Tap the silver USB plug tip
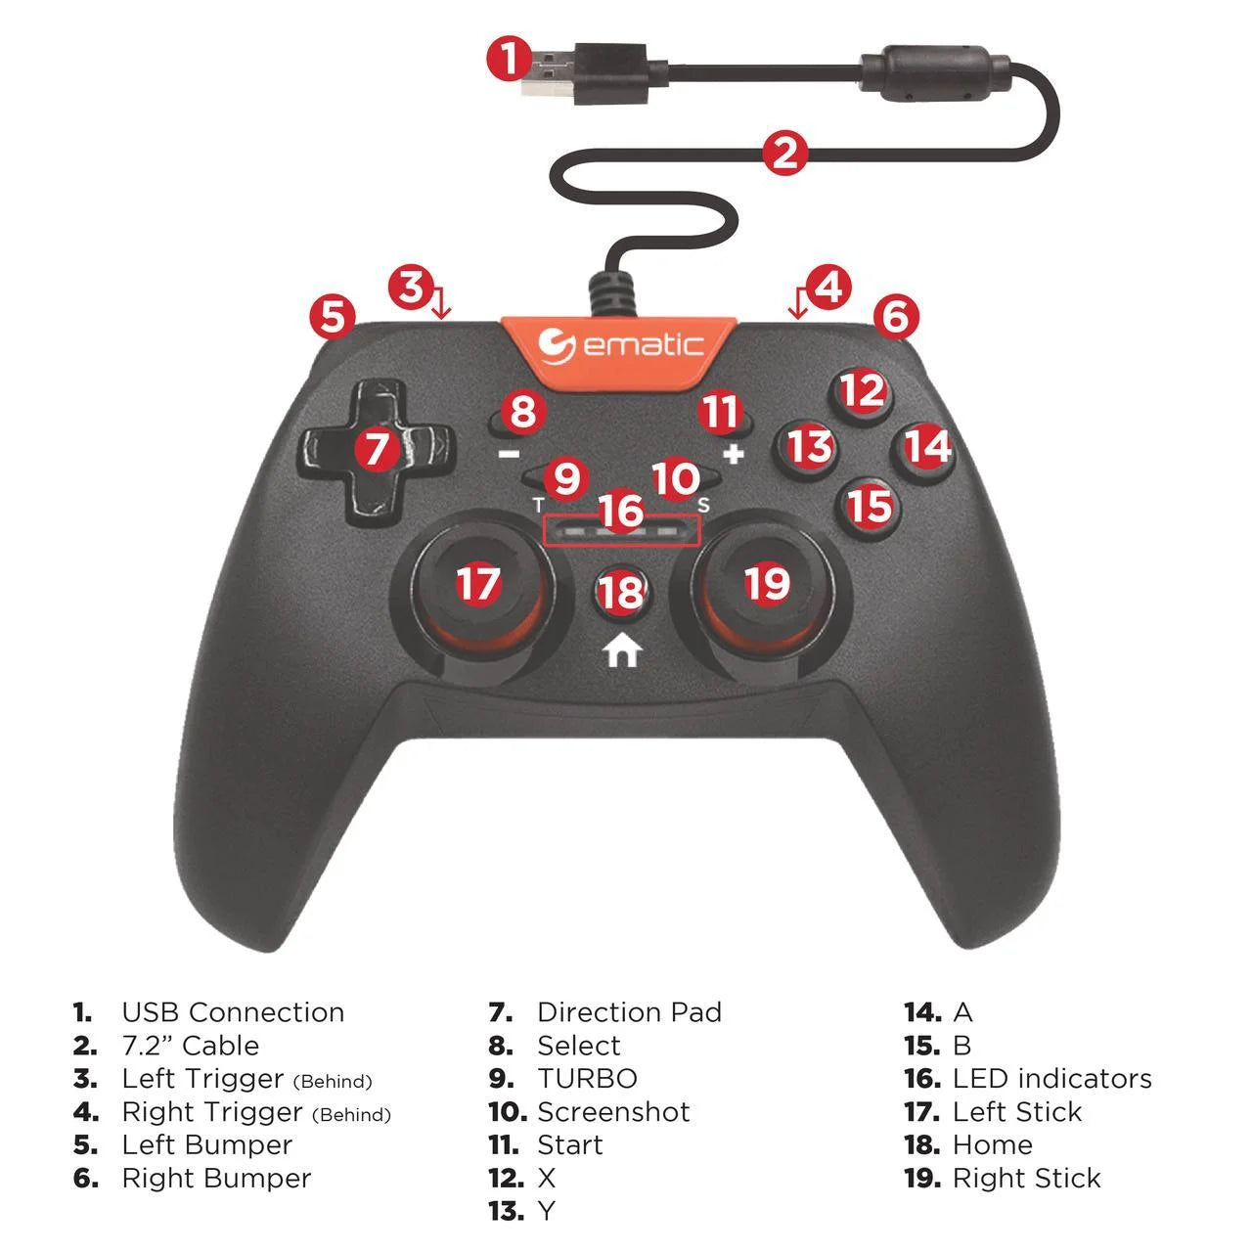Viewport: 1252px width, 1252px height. point(547,74)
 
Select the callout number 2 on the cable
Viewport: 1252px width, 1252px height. point(784,154)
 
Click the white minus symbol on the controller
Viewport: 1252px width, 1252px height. point(509,454)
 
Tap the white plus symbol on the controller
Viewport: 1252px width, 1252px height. point(734,454)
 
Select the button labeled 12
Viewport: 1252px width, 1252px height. point(862,393)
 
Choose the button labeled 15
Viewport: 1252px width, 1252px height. point(870,508)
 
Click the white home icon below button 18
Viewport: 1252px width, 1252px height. point(622,650)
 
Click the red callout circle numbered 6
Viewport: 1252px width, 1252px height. point(896,317)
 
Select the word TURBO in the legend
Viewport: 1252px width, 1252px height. point(587,1079)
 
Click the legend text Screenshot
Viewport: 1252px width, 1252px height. point(614,1112)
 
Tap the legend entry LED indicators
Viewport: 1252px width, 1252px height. point(1051,1079)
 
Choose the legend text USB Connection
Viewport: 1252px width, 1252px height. point(233,1012)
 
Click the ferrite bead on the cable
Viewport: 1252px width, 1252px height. point(936,72)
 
